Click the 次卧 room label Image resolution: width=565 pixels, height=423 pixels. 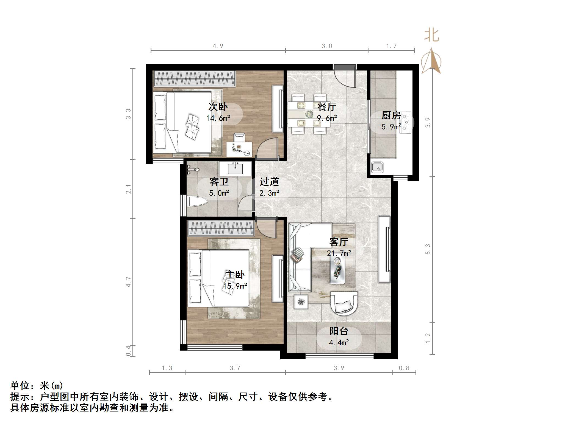[x=218, y=106]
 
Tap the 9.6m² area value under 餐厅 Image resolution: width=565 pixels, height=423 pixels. [x=327, y=118]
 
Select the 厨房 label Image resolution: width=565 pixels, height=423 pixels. [x=391, y=115]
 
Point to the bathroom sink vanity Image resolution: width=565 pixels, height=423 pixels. [x=235, y=168]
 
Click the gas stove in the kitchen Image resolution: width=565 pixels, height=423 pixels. [x=405, y=123]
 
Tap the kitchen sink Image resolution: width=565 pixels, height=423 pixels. [x=377, y=168]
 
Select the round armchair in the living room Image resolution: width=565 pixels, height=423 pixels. [x=344, y=303]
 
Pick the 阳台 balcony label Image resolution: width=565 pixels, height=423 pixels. [x=339, y=331]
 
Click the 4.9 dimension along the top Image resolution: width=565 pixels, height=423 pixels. [x=218, y=46]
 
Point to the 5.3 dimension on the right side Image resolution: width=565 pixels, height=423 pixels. [x=428, y=249]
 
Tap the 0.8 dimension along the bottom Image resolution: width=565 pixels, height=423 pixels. [x=404, y=368]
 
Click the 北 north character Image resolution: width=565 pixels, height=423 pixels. [x=431, y=36]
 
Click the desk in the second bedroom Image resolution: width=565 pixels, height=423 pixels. [x=239, y=149]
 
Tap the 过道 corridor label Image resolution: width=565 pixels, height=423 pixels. [x=269, y=182]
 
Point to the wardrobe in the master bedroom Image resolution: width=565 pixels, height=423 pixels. [x=221, y=229]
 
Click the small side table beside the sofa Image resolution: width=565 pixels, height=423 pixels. [x=301, y=302]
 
